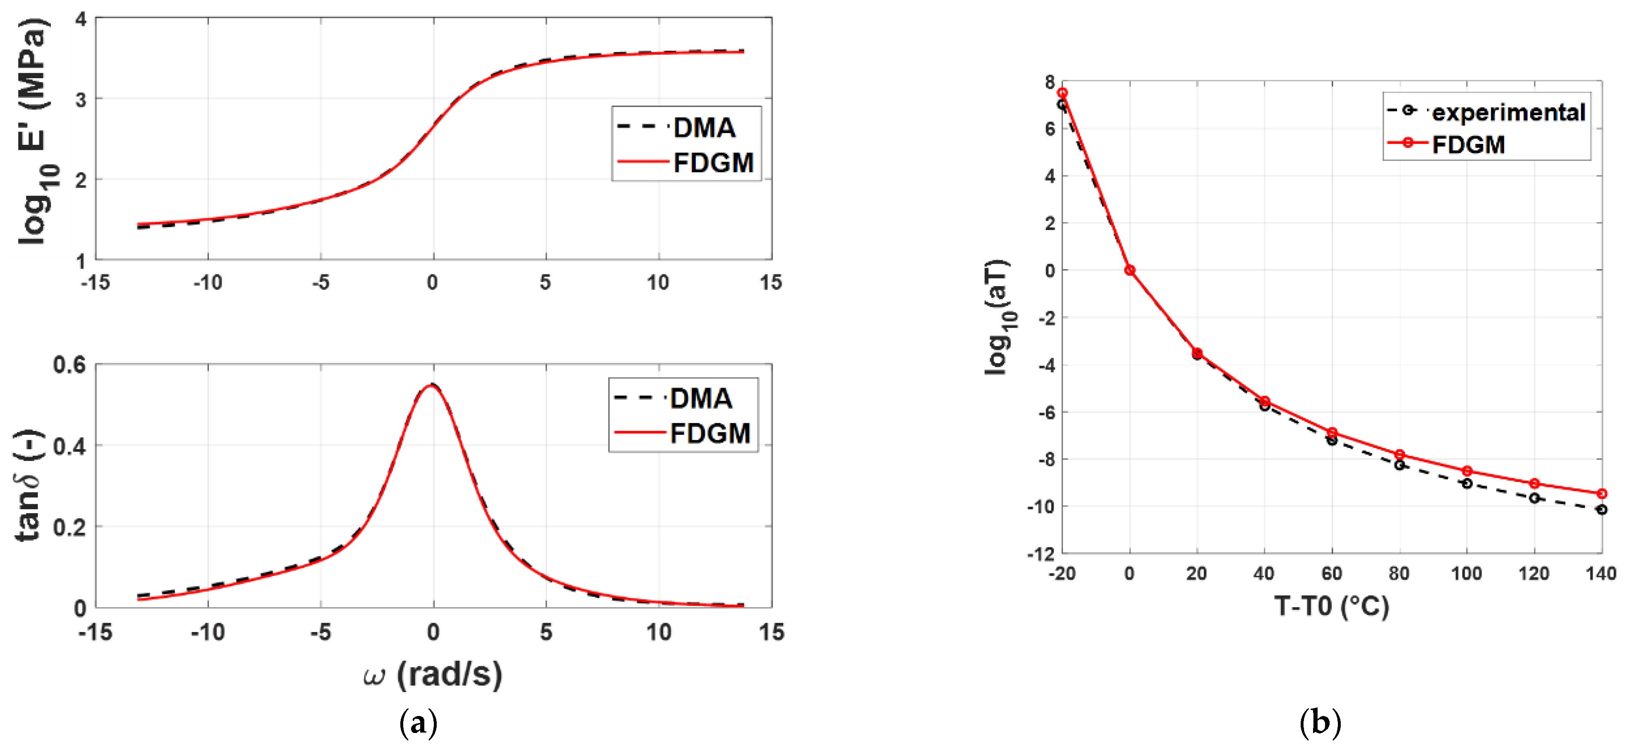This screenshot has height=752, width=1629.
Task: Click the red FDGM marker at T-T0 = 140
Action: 1601,493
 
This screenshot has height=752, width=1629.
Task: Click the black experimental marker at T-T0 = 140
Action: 1601,509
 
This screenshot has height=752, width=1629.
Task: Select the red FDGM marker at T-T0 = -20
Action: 1062,93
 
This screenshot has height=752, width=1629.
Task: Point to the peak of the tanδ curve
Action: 433,385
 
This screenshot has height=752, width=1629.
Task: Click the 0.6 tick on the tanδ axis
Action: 69,365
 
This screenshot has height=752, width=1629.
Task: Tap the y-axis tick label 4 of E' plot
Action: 80,19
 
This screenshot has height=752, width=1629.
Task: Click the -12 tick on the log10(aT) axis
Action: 1041,554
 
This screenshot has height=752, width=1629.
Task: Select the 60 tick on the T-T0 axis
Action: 1332,574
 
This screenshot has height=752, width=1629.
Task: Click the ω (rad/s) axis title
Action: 433,674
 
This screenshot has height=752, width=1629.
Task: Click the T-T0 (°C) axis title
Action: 1332,606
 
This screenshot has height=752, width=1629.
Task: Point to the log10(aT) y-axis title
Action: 998,316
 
